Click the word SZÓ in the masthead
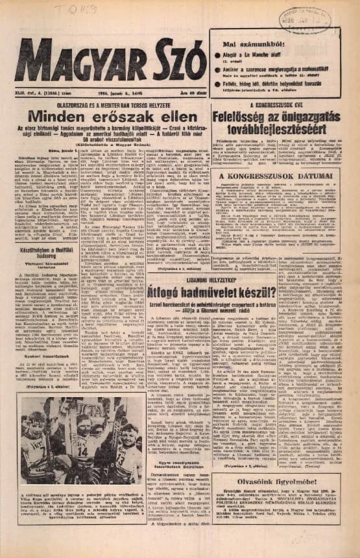point(169,62)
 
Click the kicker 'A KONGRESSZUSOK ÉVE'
point(280,104)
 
